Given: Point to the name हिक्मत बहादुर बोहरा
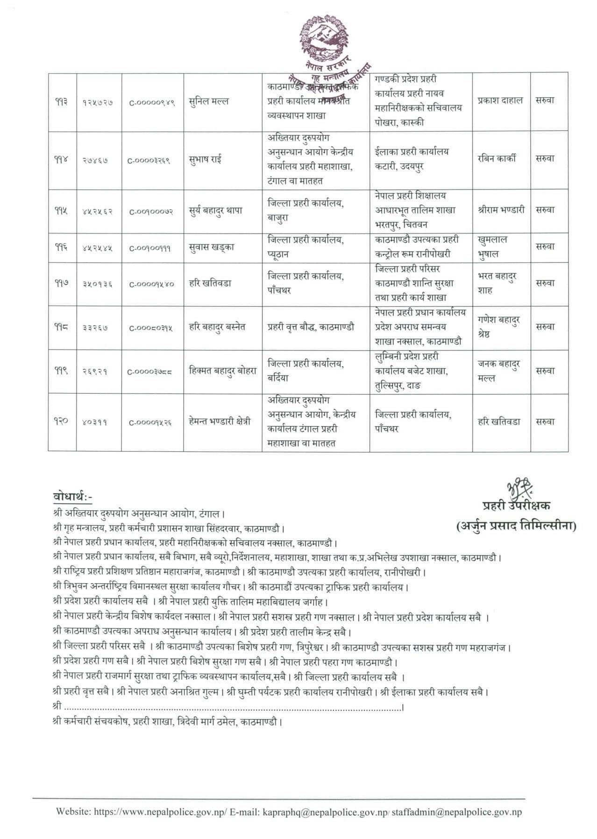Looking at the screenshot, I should point(223,371).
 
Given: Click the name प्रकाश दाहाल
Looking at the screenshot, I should point(500,100).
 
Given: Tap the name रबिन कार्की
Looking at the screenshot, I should point(497,159).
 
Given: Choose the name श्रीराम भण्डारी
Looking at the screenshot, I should point(501,210).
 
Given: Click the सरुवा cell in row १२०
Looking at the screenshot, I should point(545,422).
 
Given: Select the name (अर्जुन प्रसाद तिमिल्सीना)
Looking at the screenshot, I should point(516,526).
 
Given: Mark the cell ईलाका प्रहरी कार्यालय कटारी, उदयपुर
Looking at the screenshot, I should point(412,159).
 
